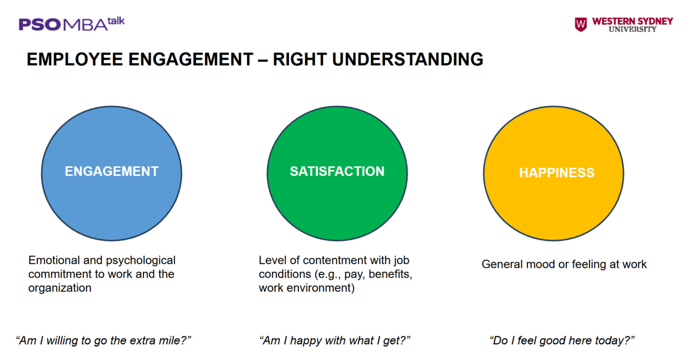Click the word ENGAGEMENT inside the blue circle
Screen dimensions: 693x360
[112, 172]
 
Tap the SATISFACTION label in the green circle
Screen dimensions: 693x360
[337, 172]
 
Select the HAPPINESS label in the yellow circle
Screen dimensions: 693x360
[557, 173]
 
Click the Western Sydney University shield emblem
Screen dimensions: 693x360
[581, 24]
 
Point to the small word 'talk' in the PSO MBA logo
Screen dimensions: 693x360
[116, 21]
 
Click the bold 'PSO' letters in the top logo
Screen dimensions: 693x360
[40, 25]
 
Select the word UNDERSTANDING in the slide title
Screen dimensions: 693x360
[408, 59]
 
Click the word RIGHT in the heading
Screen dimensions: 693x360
[299, 59]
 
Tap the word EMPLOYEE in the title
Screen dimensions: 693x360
[75, 59]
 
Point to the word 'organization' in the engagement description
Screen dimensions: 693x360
[60, 288]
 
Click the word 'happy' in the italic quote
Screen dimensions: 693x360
[306, 341]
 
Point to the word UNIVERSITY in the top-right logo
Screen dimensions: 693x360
[632, 29]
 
